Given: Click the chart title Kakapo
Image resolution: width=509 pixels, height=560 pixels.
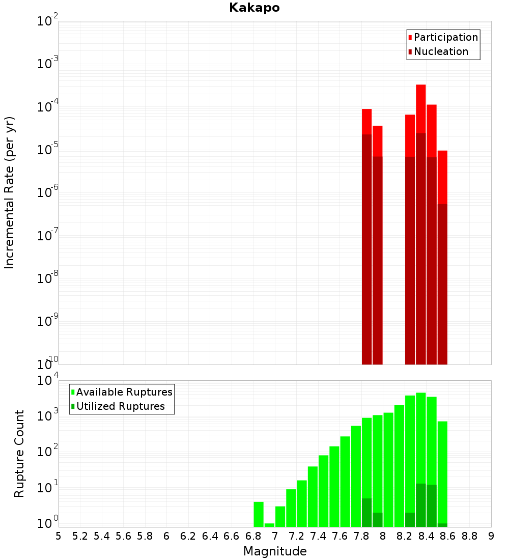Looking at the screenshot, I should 254,8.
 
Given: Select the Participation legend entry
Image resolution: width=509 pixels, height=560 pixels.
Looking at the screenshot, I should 446,37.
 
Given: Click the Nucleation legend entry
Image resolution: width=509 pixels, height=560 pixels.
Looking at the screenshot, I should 441,51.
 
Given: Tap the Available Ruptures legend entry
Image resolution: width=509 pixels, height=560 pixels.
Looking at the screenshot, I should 124,392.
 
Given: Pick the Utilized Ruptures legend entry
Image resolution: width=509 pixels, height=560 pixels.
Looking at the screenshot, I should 120,406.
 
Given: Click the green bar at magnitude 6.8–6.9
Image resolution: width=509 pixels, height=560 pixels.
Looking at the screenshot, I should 259,514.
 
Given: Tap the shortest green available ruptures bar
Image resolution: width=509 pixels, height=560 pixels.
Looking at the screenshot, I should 269,525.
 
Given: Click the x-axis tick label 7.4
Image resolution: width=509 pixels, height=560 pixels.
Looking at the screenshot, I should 318,536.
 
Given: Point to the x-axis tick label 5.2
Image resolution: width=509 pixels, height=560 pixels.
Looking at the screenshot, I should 80,536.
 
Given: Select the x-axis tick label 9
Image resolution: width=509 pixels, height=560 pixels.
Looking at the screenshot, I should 491,536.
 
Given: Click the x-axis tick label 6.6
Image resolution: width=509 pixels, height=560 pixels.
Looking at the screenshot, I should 232,536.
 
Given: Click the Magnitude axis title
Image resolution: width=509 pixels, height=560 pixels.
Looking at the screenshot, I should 275,551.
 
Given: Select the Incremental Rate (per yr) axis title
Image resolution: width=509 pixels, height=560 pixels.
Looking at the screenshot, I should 10,192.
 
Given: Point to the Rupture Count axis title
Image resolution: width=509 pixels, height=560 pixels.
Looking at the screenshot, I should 19,453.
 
